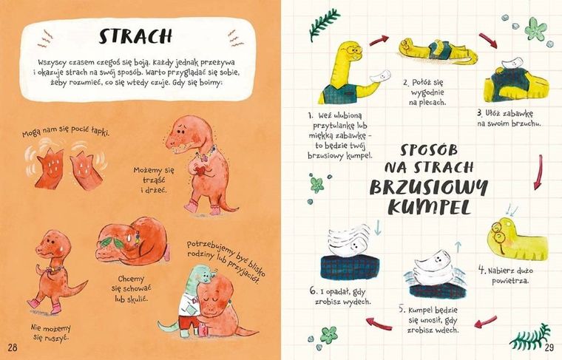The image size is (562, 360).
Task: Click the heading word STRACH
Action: pyautogui.click(x=135, y=36)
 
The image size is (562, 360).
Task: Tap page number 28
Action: pyautogui.click(x=13, y=347)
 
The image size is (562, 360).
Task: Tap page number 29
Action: pyautogui.click(x=549, y=347)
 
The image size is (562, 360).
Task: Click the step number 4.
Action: pyautogui.click(x=481, y=268)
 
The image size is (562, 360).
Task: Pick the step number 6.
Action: pyautogui.click(x=314, y=291)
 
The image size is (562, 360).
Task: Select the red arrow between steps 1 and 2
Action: pyautogui.click(x=379, y=39)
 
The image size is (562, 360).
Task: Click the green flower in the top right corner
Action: pyautogui.click(x=535, y=30)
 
